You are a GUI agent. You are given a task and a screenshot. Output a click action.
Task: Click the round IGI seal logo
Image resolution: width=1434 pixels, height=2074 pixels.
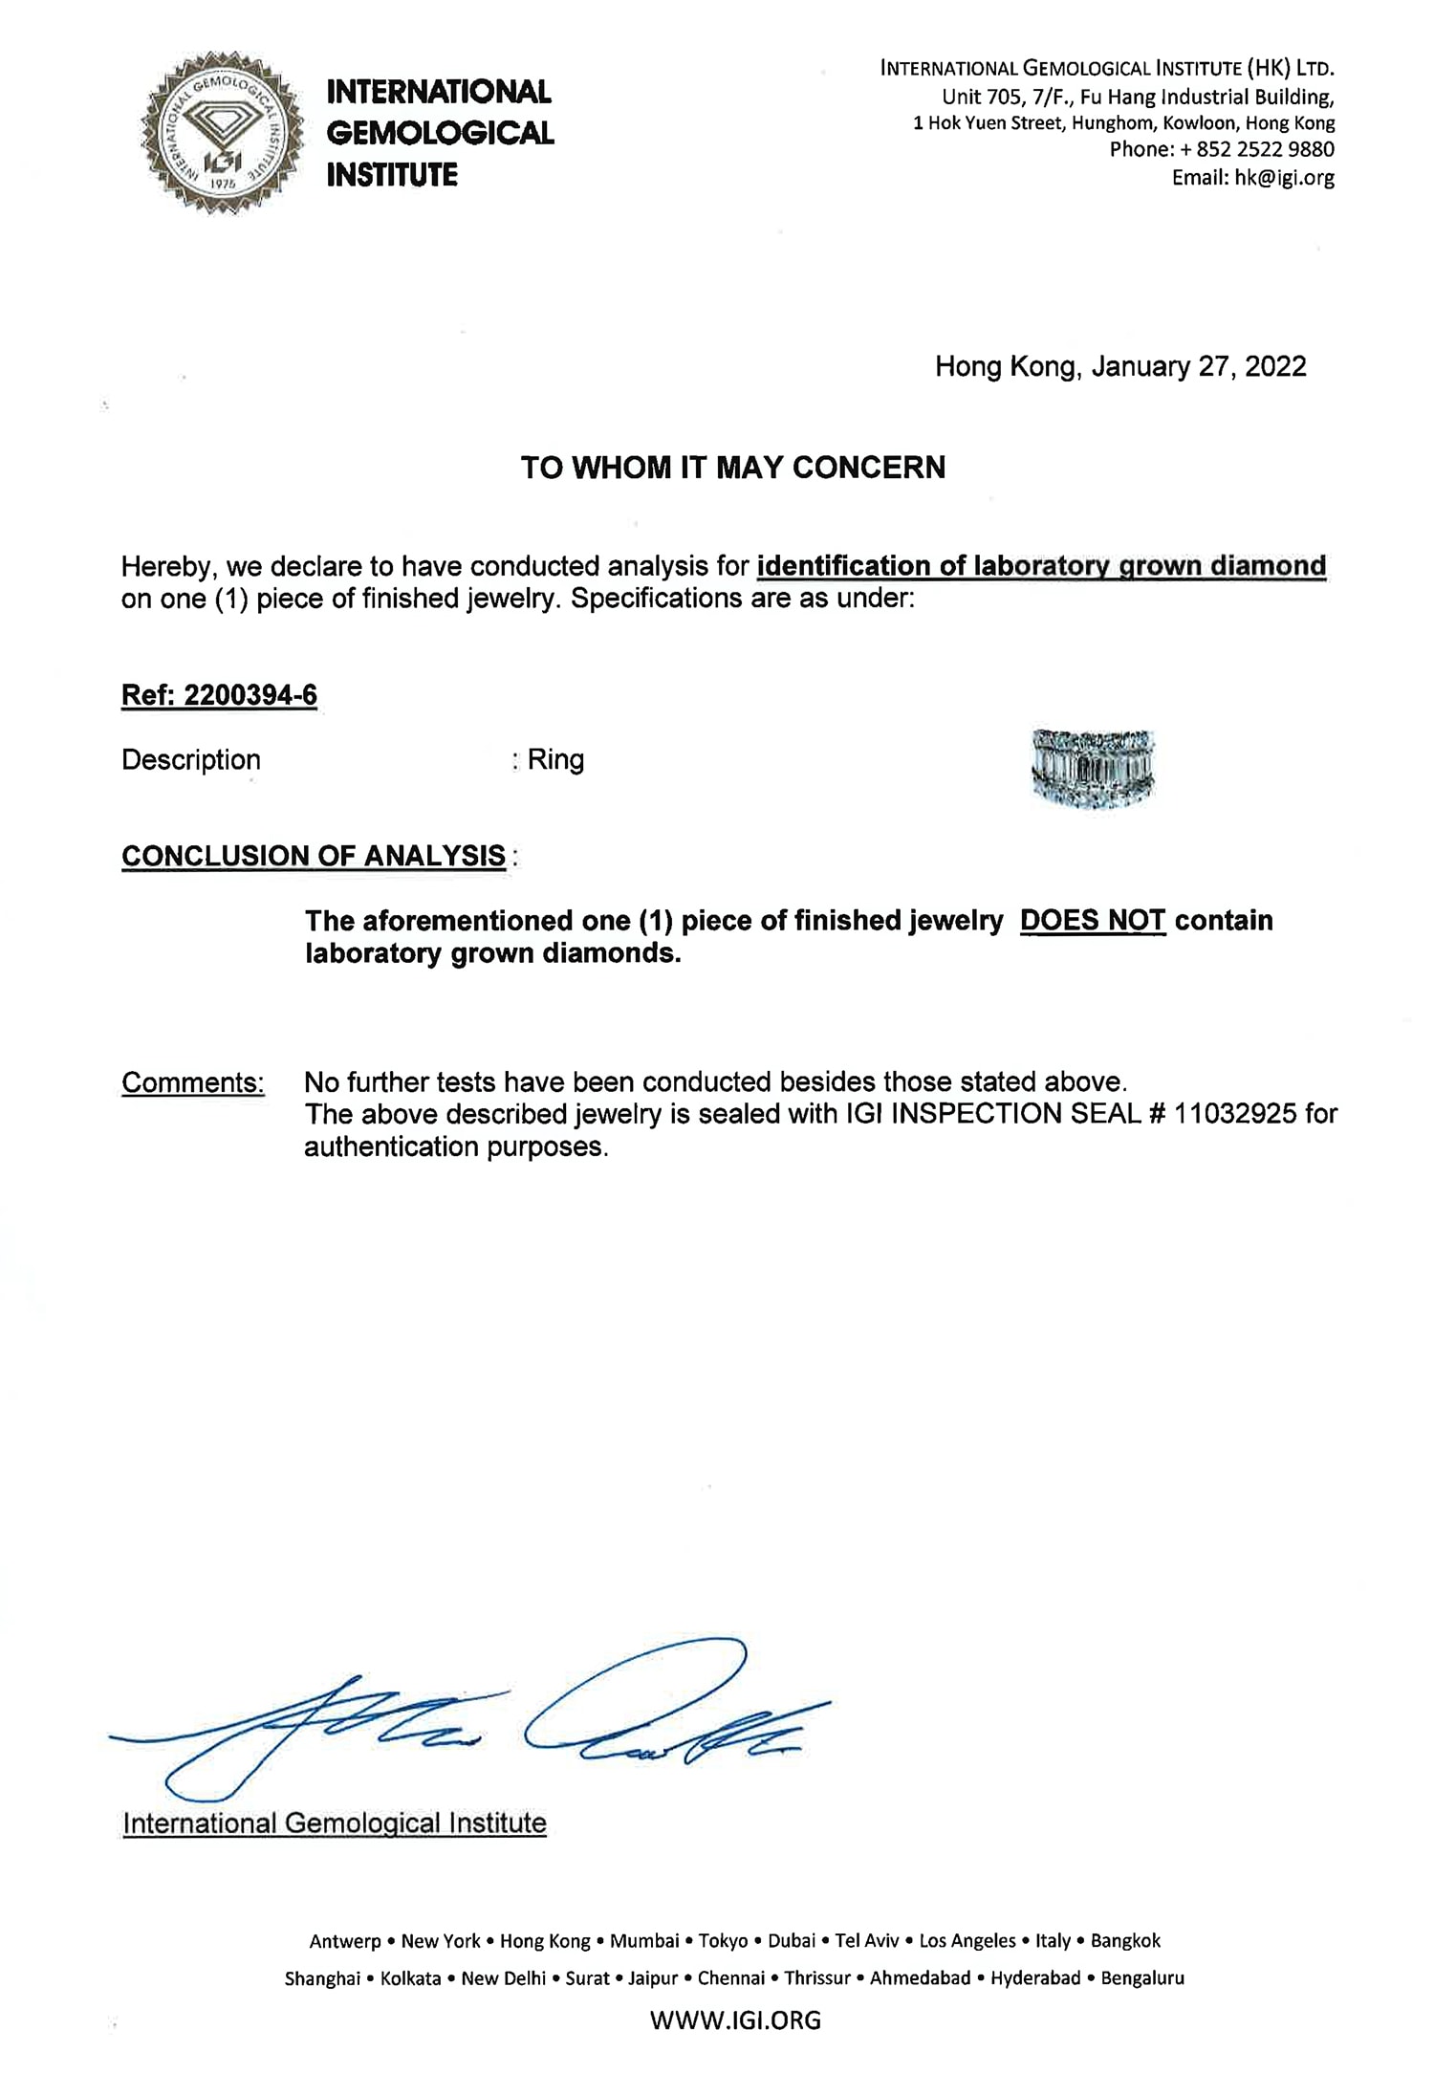click(223, 133)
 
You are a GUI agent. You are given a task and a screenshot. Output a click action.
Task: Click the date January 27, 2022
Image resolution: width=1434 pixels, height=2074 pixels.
click(1199, 367)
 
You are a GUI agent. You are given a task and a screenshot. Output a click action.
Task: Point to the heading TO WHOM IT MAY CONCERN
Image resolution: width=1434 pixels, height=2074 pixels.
click(733, 468)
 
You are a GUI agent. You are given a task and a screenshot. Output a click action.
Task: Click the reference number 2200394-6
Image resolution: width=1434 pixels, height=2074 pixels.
click(250, 695)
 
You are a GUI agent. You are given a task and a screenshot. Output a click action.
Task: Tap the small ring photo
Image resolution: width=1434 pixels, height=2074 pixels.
click(1094, 769)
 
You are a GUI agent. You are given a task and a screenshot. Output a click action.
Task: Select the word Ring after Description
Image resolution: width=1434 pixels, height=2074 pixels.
click(555, 760)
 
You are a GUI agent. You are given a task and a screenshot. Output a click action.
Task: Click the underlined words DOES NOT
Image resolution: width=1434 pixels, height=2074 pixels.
click(1093, 921)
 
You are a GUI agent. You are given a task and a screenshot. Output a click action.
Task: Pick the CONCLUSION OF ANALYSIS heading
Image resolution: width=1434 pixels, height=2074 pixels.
click(314, 856)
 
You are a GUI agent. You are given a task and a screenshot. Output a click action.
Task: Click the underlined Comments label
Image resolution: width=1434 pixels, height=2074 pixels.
click(192, 1082)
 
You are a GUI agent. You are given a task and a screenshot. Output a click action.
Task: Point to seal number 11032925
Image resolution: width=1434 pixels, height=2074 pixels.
click(1235, 1114)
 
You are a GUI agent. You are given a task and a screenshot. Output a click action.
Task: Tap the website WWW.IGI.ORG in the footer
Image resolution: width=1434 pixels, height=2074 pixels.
click(735, 2019)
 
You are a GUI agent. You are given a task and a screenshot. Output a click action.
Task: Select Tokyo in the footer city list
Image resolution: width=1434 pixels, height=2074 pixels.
click(723, 1940)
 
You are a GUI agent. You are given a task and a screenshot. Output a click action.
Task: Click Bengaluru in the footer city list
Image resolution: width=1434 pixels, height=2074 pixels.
click(1141, 1977)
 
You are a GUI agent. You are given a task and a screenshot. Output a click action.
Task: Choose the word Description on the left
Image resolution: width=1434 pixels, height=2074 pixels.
click(191, 760)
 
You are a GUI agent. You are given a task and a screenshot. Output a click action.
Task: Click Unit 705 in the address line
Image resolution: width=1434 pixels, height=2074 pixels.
click(983, 98)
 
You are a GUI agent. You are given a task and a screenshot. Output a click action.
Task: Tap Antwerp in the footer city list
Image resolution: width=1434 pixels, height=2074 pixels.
click(345, 1940)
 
